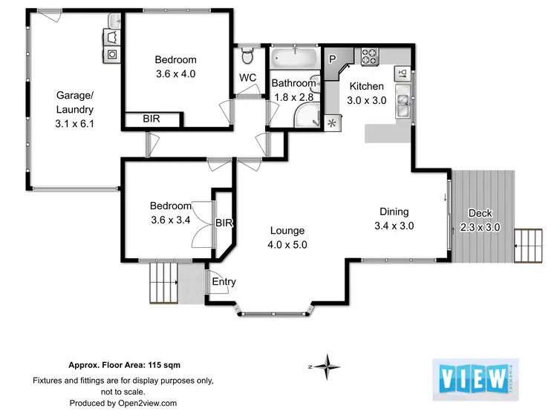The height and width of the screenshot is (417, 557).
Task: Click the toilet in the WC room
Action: click(x=249, y=55)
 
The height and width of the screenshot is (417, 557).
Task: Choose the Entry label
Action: click(x=224, y=281)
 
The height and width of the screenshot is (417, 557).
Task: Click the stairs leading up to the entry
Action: click(x=162, y=282)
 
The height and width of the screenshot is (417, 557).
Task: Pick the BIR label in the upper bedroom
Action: click(x=151, y=119)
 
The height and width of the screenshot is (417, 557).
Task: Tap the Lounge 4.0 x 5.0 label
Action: click(x=287, y=237)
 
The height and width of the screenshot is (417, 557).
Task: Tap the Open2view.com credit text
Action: click(x=123, y=403)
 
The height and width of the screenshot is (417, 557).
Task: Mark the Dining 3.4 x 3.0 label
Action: click(x=394, y=218)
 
